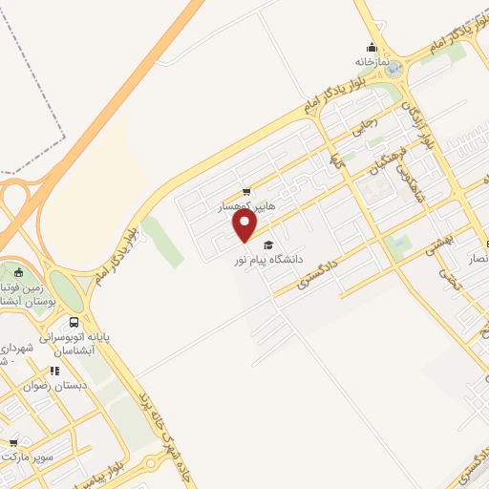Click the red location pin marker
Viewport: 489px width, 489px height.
(x=245, y=225)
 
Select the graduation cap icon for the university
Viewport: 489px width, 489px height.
(x=268, y=244)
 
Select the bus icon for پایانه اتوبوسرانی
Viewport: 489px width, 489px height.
(x=74, y=324)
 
